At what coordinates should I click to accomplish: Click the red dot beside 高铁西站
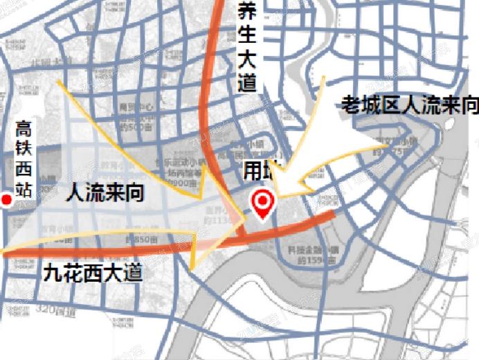pyautogui.click(x=7, y=200)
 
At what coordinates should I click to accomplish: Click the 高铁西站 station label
pyautogui.click(x=24, y=160)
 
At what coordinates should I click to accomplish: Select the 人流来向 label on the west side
pyautogui.click(x=105, y=192)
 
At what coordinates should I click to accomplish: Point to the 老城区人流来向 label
pyautogui.click(x=410, y=105)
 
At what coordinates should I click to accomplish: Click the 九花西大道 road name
pyautogui.click(x=93, y=272)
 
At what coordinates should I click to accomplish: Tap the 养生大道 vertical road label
pyautogui.click(x=246, y=47)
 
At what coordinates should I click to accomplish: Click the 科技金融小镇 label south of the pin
pyautogui.click(x=310, y=253)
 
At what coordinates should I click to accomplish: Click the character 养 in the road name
pyautogui.click(x=246, y=11)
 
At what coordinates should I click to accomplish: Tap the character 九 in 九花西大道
pyautogui.click(x=53, y=272)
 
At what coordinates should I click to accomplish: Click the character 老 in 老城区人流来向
pyautogui.click(x=350, y=105)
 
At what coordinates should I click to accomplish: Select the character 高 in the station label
pyautogui.click(x=24, y=129)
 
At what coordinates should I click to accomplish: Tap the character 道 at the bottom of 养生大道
pyautogui.click(x=246, y=83)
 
